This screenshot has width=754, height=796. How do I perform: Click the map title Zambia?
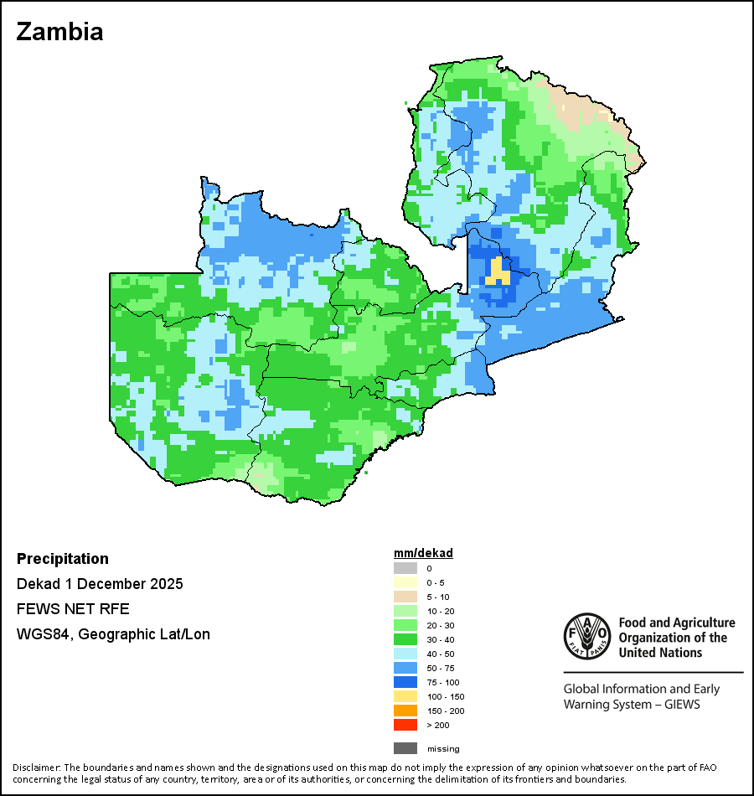click(x=59, y=32)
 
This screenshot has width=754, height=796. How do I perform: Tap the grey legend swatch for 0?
click(x=405, y=568)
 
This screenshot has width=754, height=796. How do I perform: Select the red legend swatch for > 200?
click(x=405, y=725)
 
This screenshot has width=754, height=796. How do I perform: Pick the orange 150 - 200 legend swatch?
click(x=405, y=711)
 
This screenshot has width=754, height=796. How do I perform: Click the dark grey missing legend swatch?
click(x=405, y=748)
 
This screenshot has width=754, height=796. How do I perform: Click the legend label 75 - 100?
click(x=443, y=682)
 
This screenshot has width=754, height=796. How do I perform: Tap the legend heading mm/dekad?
click(x=423, y=553)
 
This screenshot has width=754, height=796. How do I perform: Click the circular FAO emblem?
click(x=586, y=636)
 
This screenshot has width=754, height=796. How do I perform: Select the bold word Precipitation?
click(x=63, y=559)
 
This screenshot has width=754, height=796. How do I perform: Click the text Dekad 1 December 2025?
click(x=100, y=584)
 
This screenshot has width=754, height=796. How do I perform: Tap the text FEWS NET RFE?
click(x=73, y=609)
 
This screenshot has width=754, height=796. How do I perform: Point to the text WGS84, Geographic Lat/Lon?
click(x=113, y=634)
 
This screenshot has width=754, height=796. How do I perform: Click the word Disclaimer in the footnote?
click(x=36, y=768)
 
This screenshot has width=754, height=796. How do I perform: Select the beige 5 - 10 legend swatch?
click(x=405, y=597)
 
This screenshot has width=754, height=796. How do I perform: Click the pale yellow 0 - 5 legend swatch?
click(x=405, y=582)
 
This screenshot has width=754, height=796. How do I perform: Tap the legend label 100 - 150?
click(x=445, y=696)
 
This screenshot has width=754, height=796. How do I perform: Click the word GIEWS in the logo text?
click(x=682, y=704)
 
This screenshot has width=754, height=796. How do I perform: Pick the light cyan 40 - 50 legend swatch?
click(x=405, y=654)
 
